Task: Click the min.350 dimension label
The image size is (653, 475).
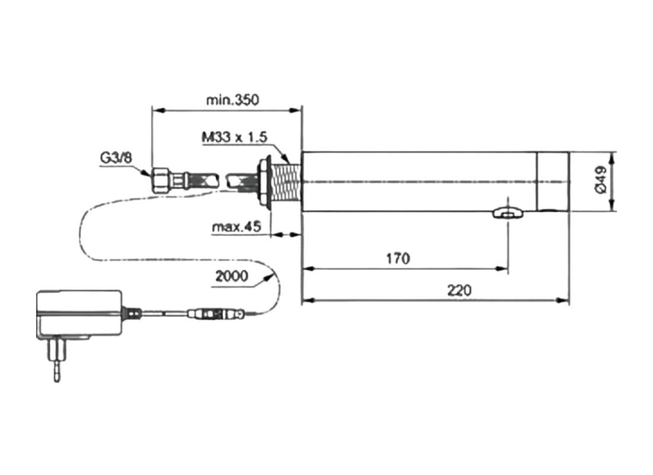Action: tap(232, 100)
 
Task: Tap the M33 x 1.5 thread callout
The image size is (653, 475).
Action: tap(234, 137)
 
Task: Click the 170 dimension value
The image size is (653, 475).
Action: tap(398, 259)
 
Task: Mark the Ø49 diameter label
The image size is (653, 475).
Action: tap(600, 180)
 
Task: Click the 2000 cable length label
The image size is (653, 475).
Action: tap(232, 276)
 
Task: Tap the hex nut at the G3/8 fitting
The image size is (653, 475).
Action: tap(161, 179)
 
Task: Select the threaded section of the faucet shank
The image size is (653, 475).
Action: tap(287, 181)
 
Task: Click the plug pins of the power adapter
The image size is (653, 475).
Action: tap(57, 362)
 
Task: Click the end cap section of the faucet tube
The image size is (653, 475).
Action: tap(553, 181)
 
